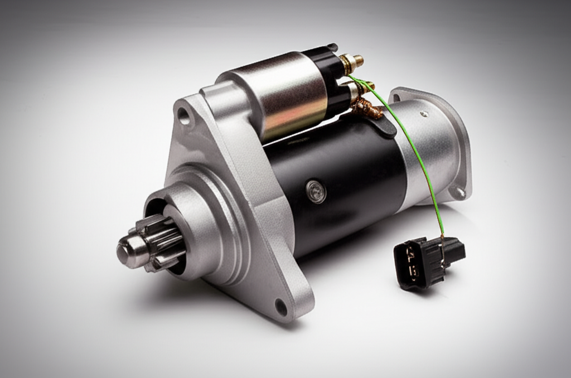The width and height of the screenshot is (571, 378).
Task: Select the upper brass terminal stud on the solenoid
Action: click(x=352, y=61)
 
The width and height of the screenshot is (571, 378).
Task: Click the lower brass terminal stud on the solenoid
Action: click(x=361, y=87)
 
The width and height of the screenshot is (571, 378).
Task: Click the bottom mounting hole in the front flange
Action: click(x=280, y=306)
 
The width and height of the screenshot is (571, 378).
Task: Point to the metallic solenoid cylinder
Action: click(x=279, y=95)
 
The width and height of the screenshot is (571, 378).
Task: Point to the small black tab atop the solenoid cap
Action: click(x=332, y=47)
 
